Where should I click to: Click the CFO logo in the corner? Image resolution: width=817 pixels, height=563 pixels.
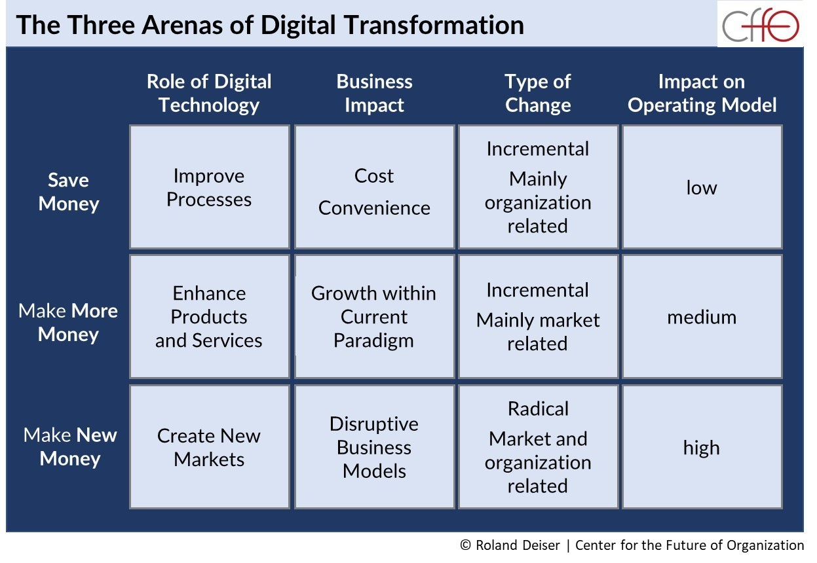[x=760, y=25]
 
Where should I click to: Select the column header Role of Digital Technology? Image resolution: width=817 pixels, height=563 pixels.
[x=209, y=93]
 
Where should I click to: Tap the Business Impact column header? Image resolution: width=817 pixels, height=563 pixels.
[x=374, y=93]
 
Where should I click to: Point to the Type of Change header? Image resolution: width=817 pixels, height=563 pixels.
[x=538, y=93]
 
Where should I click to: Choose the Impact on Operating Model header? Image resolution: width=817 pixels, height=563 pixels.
[x=702, y=93]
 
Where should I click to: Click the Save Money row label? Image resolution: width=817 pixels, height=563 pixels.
[x=69, y=192]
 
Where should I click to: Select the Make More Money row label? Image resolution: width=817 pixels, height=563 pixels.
[x=68, y=323]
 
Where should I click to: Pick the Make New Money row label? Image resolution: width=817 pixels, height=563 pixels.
[x=70, y=446]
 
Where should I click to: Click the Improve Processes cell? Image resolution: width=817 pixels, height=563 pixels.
[x=210, y=187]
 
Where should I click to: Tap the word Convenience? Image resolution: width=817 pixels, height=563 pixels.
[x=374, y=208]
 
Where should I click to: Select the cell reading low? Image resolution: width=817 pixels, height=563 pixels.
[x=702, y=187]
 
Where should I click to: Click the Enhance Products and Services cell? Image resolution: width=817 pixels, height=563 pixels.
[x=210, y=316]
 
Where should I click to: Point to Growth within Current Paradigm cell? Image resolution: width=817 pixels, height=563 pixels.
[x=374, y=316]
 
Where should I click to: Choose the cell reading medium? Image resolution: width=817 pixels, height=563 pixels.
[x=702, y=316]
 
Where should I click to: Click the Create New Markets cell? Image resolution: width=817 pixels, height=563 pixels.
[x=210, y=446]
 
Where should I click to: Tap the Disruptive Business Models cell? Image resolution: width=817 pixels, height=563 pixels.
[x=374, y=446]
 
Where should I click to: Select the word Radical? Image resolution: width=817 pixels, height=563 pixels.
[x=538, y=409]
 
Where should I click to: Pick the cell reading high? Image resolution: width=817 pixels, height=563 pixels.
[x=702, y=446]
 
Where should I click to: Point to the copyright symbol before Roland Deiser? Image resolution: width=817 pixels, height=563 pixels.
[x=465, y=545]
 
